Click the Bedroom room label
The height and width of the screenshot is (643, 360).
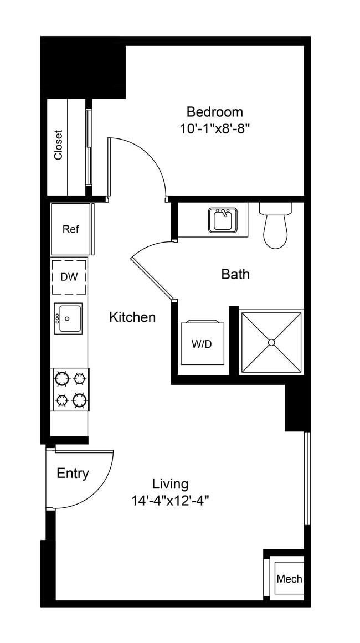214,112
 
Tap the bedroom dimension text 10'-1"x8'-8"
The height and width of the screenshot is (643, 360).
214,129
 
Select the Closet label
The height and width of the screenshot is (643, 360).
58,145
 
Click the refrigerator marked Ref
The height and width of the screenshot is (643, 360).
70,229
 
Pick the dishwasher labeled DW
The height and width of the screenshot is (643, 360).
69,276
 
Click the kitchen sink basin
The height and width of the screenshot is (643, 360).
68,318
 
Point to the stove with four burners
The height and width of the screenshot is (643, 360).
70,389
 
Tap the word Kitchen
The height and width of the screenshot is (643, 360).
132,317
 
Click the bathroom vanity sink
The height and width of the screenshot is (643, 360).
223,220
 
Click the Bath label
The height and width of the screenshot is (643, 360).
235,274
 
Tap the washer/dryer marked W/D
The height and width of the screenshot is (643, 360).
202,344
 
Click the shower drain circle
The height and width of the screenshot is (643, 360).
271,343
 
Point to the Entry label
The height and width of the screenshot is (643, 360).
73,474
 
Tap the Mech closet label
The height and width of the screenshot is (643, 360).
289,579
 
